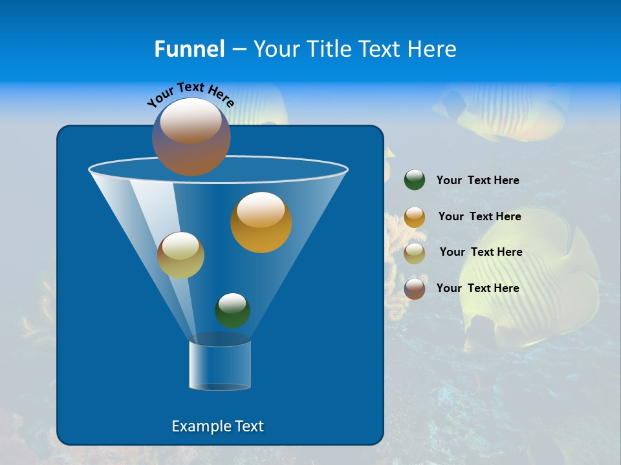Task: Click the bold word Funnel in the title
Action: [189, 49]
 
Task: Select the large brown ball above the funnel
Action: [191, 138]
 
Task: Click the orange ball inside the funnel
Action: [261, 223]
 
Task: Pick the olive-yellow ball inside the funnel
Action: [180, 256]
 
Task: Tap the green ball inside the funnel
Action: [232, 311]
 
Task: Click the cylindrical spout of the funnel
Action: [220, 366]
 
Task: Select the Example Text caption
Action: [217, 426]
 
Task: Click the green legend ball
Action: [415, 180]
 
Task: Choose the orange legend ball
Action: [415, 217]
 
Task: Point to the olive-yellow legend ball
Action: [415, 253]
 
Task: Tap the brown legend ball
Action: [415, 289]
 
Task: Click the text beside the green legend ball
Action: [477, 181]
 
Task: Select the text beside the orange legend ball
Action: [479, 217]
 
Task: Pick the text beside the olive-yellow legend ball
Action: [481, 253]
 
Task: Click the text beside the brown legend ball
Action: [477, 288]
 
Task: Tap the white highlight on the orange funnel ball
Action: [261, 210]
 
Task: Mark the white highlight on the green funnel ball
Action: [232, 302]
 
